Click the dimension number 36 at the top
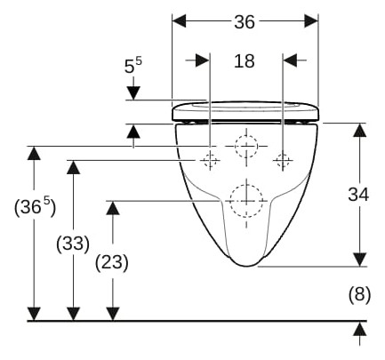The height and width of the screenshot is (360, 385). (x=245, y=22)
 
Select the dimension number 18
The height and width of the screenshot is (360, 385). (x=245, y=61)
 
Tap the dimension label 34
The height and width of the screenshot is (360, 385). (x=358, y=195)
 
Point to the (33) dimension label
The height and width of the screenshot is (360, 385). (x=73, y=244)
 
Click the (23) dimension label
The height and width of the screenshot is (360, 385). (x=112, y=262)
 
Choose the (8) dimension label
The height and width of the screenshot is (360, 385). (x=359, y=295)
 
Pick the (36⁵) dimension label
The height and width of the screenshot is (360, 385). (x=35, y=206)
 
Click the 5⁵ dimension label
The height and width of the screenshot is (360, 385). (x=132, y=66)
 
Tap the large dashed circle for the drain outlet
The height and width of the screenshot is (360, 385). (x=246, y=200)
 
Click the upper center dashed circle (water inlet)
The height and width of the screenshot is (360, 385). (x=246, y=146)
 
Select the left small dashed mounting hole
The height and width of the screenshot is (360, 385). (x=210, y=160)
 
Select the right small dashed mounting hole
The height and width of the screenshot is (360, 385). (x=283, y=160)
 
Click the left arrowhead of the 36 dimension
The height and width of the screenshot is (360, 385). (x=179, y=21)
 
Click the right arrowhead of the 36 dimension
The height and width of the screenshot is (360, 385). (x=311, y=21)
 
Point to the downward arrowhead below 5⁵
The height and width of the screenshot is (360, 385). (x=133, y=93)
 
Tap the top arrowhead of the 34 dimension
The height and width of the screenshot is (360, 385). (x=360, y=130)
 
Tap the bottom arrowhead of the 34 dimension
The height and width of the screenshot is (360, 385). (x=360, y=260)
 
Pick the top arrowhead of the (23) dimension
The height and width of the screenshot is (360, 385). (x=113, y=207)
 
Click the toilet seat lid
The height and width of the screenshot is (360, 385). (x=245, y=111)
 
